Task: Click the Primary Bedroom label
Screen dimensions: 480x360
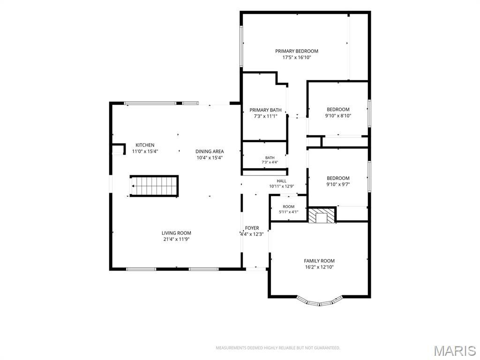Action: tap(296, 51)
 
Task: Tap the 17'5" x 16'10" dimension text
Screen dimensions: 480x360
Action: tap(296, 58)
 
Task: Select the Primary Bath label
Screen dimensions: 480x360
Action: tap(265, 110)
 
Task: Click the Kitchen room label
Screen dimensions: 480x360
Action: tap(145, 145)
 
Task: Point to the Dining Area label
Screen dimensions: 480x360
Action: tap(210, 151)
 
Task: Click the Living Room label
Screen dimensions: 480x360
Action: tap(176, 233)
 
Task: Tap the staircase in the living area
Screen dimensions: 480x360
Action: tap(154, 186)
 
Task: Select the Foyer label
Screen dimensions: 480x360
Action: tap(252, 228)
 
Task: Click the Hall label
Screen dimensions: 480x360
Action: tap(282, 181)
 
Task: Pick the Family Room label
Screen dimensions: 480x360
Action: tap(319, 261)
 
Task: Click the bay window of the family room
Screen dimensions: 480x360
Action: tap(320, 302)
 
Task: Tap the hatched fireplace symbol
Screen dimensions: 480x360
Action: tap(322, 216)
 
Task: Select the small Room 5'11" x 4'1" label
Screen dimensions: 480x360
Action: tap(288, 209)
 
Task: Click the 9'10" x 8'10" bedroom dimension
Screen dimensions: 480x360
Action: tap(338, 116)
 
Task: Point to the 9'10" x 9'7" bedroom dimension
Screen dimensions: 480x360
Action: tap(338, 184)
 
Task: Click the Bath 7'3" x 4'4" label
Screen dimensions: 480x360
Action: tap(270, 160)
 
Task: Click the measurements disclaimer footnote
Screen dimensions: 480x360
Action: tap(278, 348)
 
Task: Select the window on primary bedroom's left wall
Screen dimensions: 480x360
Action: tap(241, 46)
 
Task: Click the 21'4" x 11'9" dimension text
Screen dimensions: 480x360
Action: tap(176, 240)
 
